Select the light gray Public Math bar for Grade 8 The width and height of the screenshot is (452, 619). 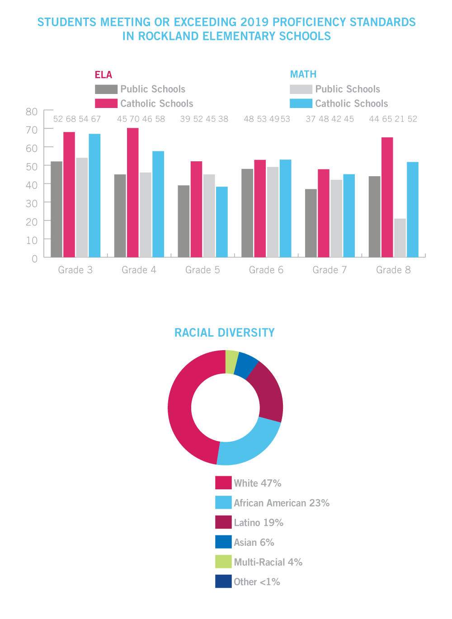coord(400,238)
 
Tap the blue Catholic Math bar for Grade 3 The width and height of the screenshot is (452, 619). coord(94,195)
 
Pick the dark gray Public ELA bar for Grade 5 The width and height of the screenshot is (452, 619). coord(184,221)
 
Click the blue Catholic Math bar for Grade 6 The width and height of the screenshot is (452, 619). coord(285,208)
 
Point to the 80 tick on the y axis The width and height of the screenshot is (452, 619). coord(32,111)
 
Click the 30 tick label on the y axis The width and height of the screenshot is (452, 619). coord(32,203)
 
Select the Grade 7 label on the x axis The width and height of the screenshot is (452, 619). coord(330,270)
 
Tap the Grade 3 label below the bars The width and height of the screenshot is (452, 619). coord(75,270)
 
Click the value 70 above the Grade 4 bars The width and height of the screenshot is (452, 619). coord(134,119)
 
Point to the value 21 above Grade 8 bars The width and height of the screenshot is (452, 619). coord(399,119)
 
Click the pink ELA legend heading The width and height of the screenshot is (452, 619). coord(104,75)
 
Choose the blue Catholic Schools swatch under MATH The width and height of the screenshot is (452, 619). coord(301,103)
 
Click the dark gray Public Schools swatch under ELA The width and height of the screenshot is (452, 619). coord(106,89)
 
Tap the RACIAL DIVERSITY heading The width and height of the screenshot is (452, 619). coord(225,333)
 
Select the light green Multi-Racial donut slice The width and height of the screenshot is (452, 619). coord(231,362)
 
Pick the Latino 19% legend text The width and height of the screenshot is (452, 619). coord(259,523)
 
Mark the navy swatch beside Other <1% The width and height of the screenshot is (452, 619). coord(223,581)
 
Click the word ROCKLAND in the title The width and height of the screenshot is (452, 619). coord(168,37)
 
